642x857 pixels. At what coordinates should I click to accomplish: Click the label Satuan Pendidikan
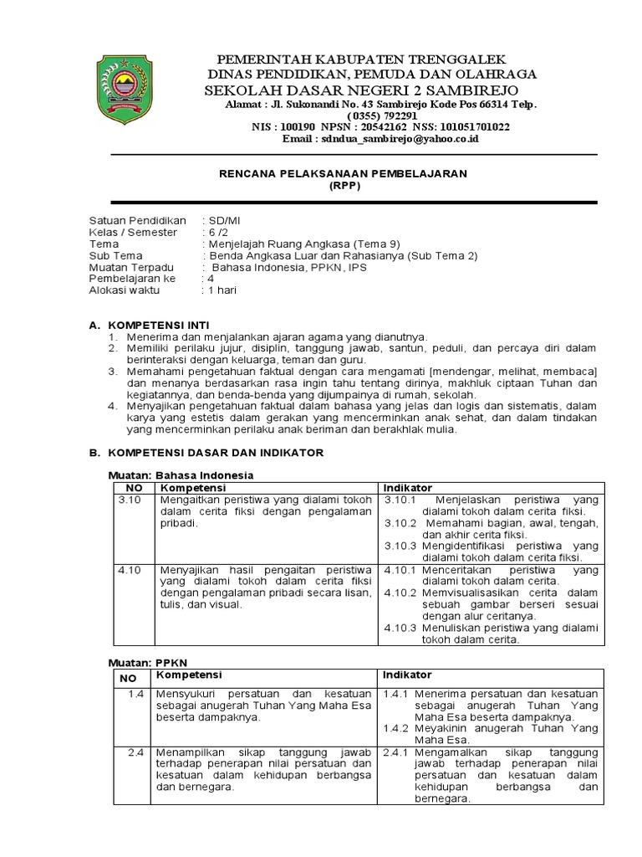click(x=137, y=220)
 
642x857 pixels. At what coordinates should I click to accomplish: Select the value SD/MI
click(x=224, y=220)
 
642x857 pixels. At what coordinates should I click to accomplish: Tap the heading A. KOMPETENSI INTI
click(x=149, y=324)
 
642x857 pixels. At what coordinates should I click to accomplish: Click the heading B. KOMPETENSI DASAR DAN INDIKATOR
click(x=206, y=452)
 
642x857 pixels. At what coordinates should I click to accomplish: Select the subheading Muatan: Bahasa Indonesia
click(x=181, y=475)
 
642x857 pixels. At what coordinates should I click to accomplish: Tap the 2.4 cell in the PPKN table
click(x=136, y=752)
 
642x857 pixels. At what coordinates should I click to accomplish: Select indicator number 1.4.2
click(x=397, y=728)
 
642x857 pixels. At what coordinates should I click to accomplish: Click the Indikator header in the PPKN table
click(x=408, y=675)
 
